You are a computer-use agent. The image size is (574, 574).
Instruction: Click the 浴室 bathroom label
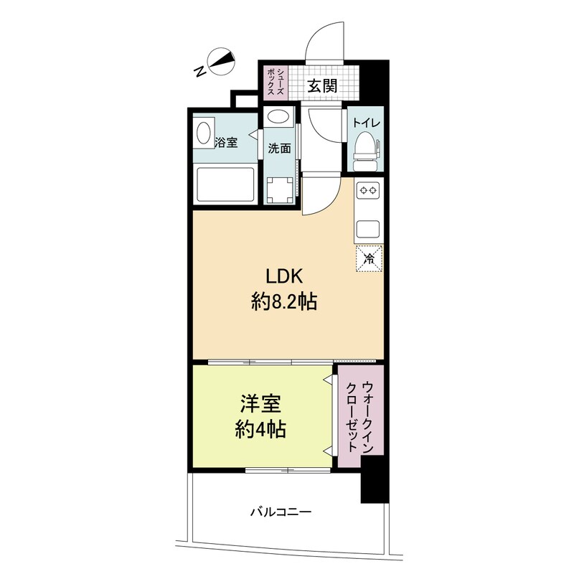226,143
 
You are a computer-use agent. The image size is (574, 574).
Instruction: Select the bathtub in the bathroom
225,185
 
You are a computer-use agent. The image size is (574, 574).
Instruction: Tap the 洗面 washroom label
279,149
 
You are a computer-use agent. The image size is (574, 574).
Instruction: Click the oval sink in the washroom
278,117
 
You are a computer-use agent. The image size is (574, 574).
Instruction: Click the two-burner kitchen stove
369,191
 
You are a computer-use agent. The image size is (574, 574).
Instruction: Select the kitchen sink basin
369,230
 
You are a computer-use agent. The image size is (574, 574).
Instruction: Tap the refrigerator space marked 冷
370,258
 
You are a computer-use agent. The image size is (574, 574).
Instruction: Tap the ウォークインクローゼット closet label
359,416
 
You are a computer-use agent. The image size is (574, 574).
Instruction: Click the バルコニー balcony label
281,512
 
